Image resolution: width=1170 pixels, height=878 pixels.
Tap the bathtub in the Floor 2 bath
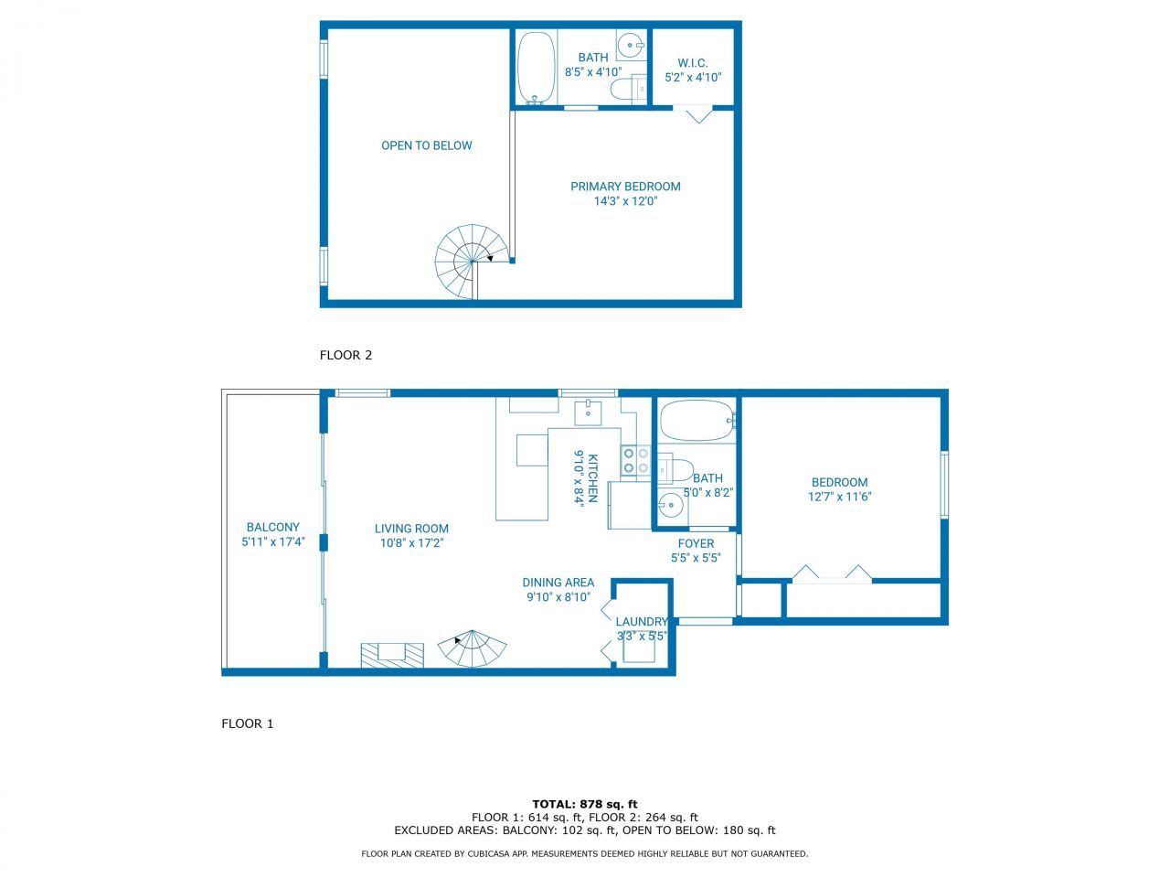(x=536, y=69)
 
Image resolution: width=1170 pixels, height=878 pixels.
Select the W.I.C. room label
(x=693, y=63)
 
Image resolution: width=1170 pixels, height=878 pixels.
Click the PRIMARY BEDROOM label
(x=625, y=187)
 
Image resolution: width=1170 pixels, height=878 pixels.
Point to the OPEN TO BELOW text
(x=426, y=145)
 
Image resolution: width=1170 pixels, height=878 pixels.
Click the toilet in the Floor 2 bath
(x=627, y=89)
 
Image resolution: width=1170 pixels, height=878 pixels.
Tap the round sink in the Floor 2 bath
(x=630, y=43)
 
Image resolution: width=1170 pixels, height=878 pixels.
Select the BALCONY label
(x=272, y=527)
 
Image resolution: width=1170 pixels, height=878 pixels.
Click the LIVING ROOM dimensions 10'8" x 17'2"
(x=411, y=542)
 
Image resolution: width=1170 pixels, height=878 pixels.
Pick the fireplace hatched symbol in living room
(x=392, y=654)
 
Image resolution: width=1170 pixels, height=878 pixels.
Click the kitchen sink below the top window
(x=588, y=412)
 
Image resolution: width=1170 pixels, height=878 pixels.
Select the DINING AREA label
(x=558, y=583)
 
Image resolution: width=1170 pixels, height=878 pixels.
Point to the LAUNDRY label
(x=641, y=622)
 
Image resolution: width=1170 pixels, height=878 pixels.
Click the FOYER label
(x=696, y=543)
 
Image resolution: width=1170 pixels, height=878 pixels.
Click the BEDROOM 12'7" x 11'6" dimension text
(x=839, y=497)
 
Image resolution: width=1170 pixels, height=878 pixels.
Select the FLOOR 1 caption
(x=248, y=723)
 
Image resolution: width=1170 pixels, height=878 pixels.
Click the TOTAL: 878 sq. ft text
(x=585, y=804)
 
